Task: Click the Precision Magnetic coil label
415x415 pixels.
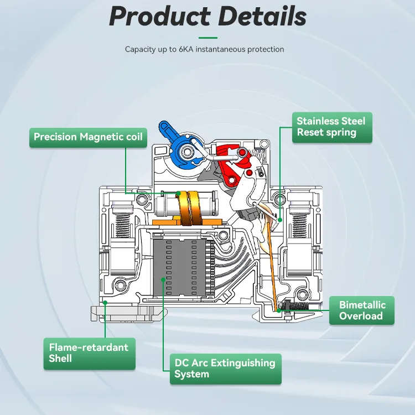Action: pyautogui.click(x=88, y=137)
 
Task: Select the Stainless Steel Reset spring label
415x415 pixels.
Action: pyautogui.click(x=331, y=127)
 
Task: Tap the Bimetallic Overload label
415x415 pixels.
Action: pyautogui.click(x=361, y=310)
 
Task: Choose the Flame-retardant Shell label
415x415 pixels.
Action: pyautogui.click(x=89, y=353)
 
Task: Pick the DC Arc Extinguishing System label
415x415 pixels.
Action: pyautogui.click(x=225, y=369)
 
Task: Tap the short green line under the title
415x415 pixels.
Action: pyautogui.click(x=207, y=38)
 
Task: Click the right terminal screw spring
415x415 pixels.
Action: pyautogui.click(x=299, y=221)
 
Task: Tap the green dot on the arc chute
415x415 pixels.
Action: pyautogui.click(x=163, y=280)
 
